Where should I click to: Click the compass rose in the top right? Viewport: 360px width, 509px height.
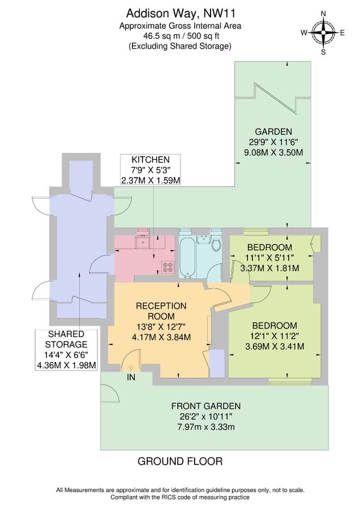324,33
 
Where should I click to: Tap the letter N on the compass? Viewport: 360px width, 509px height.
324,14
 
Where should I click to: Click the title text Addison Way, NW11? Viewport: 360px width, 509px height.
179,12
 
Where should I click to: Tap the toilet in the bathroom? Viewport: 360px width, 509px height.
215,243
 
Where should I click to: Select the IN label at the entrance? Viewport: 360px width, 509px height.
131,377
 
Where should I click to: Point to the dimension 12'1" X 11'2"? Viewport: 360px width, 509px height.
275,336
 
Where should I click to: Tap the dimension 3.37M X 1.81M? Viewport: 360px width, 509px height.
269,268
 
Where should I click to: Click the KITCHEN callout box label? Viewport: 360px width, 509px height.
151,160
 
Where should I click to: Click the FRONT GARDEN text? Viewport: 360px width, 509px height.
206,406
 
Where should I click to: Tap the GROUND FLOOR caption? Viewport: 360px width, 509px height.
180,461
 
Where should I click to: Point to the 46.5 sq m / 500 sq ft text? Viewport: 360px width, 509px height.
179,36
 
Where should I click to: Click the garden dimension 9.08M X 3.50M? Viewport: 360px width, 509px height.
273,152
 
